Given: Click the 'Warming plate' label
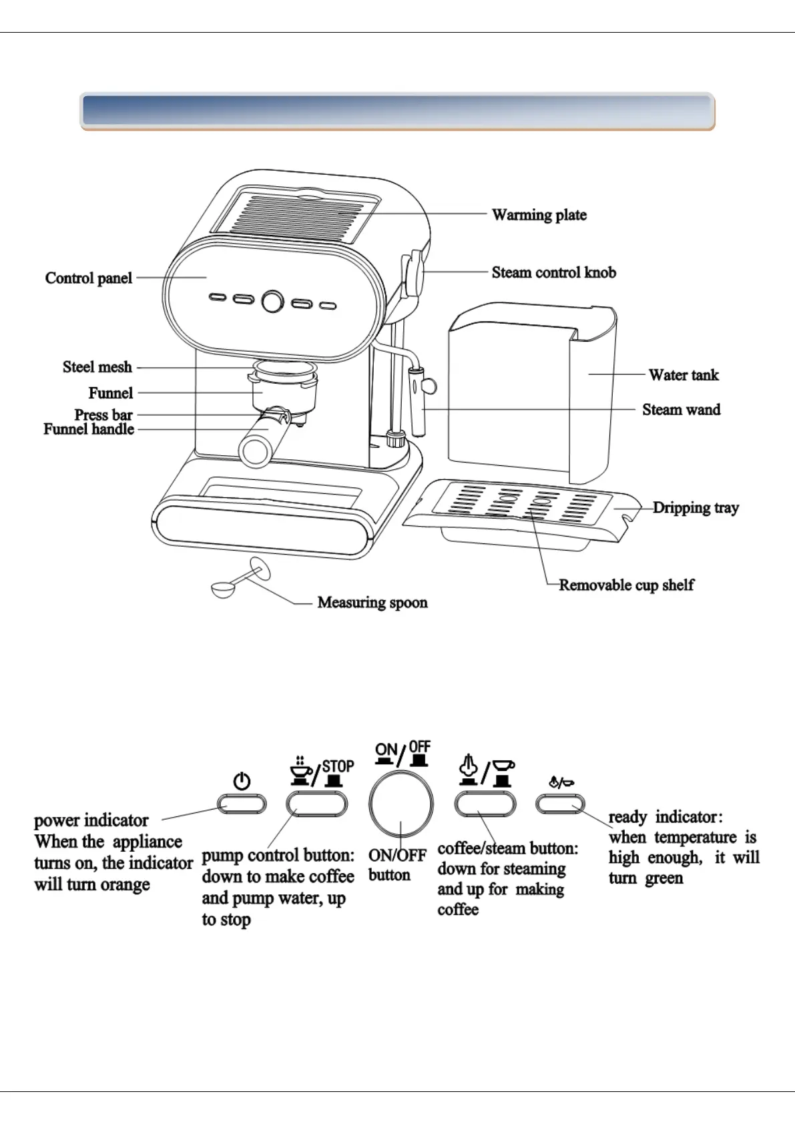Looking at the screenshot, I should [x=539, y=215].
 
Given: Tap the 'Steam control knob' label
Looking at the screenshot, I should [x=553, y=272].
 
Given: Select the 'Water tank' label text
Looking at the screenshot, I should [x=684, y=375].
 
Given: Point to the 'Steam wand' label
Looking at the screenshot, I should [x=681, y=410].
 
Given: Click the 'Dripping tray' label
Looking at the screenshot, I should [x=696, y=508].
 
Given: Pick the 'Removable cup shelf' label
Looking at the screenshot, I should [x=626, y=585].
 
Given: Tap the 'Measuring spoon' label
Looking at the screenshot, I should [x=372, y=603].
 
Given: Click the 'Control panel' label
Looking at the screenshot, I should [x=89, y=278].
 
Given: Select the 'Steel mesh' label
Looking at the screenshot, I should [x=97, y=367].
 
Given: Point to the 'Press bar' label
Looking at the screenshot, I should [x=103, y=415].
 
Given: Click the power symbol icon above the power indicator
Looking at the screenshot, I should [x=242, y=781].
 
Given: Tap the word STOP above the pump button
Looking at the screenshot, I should [x=338, y=766].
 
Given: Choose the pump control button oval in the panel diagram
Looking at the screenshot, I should [x=316, y=804].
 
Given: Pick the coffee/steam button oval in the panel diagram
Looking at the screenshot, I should [x=485, y=804].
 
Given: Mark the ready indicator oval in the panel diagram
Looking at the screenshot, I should [x=560, y=804].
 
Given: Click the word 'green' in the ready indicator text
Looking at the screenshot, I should [x=664, y=878].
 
